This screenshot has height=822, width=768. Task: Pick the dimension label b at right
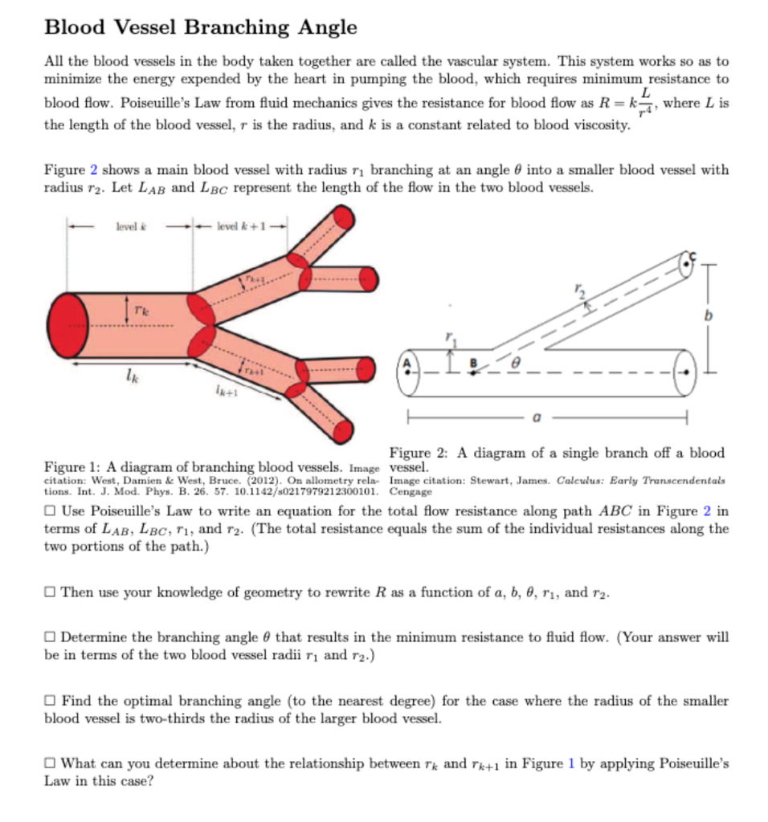point(708,316)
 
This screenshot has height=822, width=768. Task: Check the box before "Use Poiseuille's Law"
point(51,511)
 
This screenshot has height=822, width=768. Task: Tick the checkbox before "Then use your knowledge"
point(51,592)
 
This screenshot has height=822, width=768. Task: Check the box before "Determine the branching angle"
point(51,637)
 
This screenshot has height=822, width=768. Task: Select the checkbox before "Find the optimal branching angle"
point(51,701)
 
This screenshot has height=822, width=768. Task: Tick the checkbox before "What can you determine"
point(51,763)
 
